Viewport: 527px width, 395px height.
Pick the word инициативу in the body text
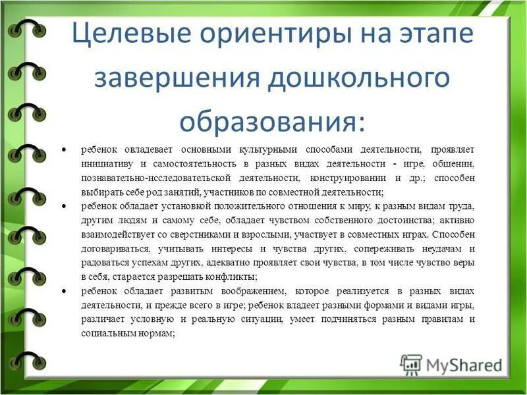click(108, 164)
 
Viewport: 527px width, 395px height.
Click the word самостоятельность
click(198, 164)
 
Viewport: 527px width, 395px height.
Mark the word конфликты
click(223, 276)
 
